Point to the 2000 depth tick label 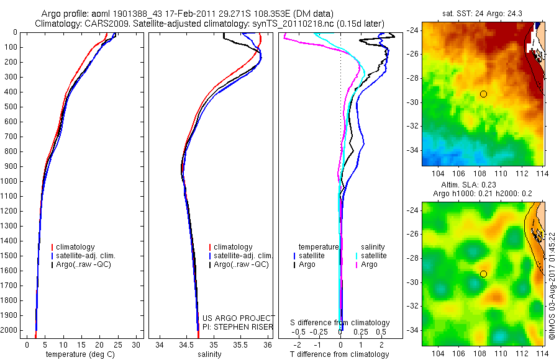(10, 331)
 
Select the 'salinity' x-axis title (209, 354)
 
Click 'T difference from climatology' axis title (340, 354)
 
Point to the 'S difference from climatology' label (340, 323)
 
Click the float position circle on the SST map (483, 94)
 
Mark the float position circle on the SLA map (483, 274)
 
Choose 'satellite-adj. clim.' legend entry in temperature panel (86, 256)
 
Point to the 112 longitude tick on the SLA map (523, 352)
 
